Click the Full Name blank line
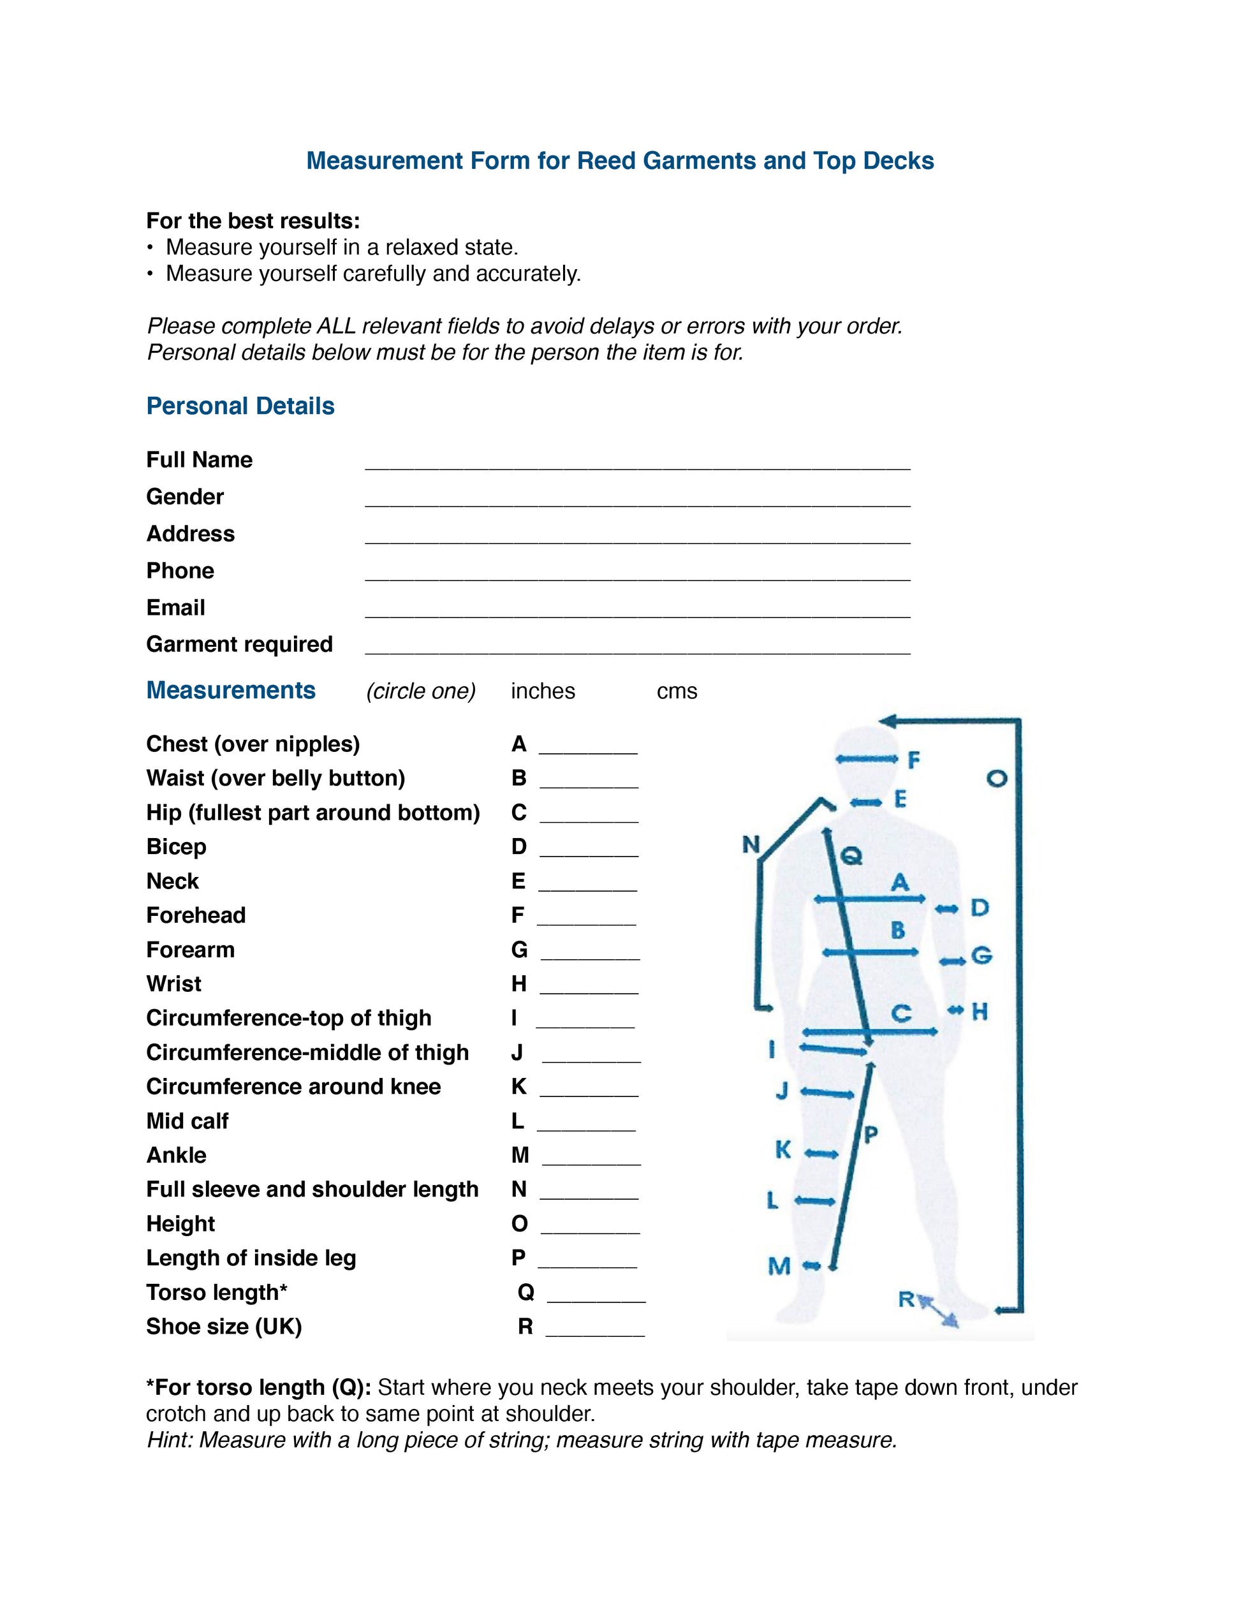pos(638,463)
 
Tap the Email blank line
pos(638,611)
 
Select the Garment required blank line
pos(638,648)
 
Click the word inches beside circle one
pos(543,691)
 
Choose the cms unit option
pos(677,691)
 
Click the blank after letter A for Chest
pos(588,749)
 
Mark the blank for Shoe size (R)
pos(595,1331)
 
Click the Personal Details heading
pos(240,406)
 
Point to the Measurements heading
pos(231,691)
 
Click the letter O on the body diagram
pos(996,778)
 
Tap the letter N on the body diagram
pos(750,845)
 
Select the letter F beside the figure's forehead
pos(914,760)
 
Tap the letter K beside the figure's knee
pos(783,1149)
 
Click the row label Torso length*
pos(217,1292)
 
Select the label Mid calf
pos(187,1121)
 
